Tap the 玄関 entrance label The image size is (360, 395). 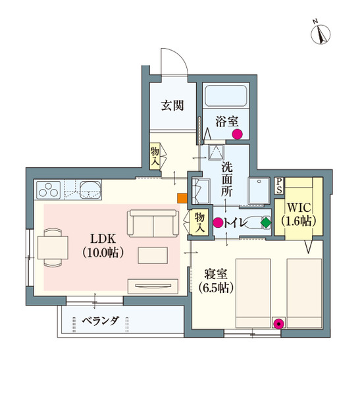(x=172, y=105)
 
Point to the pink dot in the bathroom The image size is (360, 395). (x=238, y=134)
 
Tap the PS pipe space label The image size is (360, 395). (x=279, y=185)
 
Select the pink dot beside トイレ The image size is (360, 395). (x=218, y=223)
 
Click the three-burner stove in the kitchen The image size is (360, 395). (x=49, y=190)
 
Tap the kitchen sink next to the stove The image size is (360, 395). (x=90, y=190)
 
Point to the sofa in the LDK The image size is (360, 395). (x=153, y=224)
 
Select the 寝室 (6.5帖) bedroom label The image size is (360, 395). (x=214, y=281)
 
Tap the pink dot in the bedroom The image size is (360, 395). (x=279, y=323)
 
